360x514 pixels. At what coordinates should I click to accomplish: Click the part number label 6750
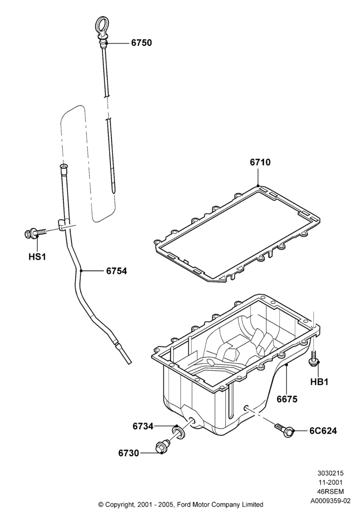pyautogui.click(x=141, y=43)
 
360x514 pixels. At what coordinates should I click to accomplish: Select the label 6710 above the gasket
pyautogui.click(x=260, y=162)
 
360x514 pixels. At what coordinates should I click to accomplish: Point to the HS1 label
pyautogui.click(x=37, y=256)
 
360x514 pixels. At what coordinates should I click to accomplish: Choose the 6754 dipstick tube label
pyautogui.click(x=116, y=271)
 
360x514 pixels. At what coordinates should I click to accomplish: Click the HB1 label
pyautogui.click(x=319, y=381)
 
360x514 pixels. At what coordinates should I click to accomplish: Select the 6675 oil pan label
pyautogui.click(x=287, y=399)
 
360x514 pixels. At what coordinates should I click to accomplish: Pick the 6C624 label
pyautogui.click(x=323, y=431)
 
